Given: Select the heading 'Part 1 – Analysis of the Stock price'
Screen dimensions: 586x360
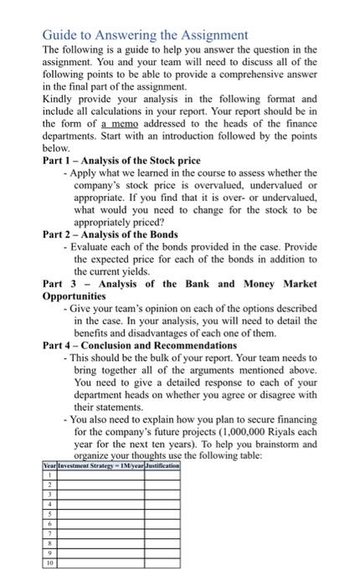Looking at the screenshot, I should (121, 160).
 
